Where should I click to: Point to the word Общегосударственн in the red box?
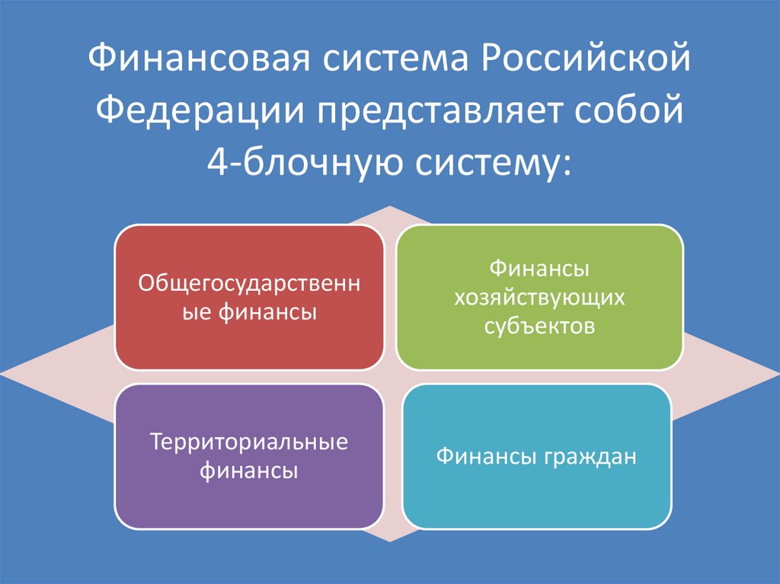click(249, 283)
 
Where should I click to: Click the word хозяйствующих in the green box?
click(539, 297)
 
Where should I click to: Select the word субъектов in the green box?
click(539, 326)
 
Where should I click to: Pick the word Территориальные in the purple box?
click(249, 442)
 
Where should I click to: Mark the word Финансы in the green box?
click(539, 268)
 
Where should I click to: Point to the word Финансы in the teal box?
click(487, 457)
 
